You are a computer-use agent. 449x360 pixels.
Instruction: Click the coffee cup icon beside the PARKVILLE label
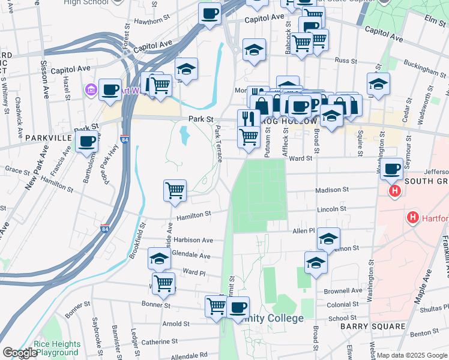tap(87, 141)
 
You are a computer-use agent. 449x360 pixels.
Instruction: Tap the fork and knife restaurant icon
tap(247, 118)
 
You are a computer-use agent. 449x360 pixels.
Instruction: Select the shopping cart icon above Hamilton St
tap(175, 190)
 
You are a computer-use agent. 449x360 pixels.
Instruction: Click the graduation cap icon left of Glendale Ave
tap(159, 258)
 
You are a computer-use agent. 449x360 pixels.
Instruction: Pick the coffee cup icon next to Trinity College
tap(238, 307)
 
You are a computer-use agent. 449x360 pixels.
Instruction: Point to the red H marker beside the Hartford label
tap(413, 217)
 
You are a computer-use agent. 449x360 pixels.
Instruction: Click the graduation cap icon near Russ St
tap(255, 50)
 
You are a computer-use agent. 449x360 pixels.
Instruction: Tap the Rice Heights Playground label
tap(57, 348)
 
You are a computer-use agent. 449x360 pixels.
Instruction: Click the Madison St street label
tap(332, 190)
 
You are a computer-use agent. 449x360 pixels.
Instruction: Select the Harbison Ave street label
tap(193, 240)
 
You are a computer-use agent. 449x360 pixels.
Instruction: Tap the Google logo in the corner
tap(19, 353)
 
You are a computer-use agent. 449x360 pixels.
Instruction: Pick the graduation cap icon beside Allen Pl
tap(328, 239)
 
